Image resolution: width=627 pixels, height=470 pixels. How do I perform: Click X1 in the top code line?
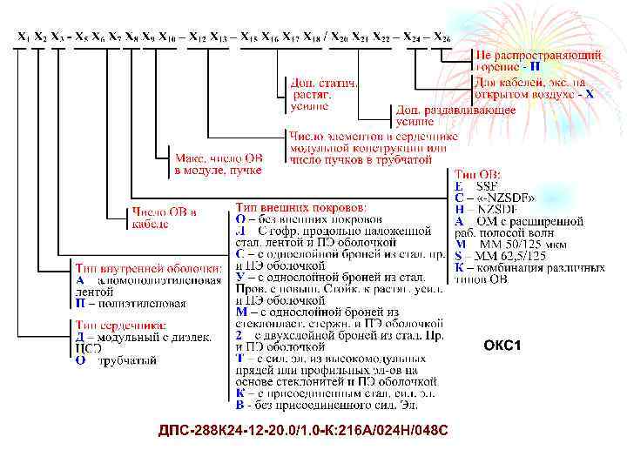(23, 37)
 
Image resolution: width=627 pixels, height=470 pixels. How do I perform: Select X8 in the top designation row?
(131, 37)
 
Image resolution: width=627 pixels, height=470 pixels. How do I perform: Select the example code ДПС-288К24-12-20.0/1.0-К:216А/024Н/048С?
(303, 432)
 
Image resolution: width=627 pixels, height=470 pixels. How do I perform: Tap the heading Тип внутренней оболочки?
(144, 269)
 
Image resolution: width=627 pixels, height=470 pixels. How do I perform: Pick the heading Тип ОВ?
(478, 174)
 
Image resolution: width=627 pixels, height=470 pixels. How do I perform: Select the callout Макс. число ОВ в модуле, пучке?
(218, 164)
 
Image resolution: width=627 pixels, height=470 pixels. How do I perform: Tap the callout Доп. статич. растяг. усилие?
(321, 93)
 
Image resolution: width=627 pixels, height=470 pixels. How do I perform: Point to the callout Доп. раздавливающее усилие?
(455, 116)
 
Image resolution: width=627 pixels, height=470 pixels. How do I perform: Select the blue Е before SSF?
(459, 186)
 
